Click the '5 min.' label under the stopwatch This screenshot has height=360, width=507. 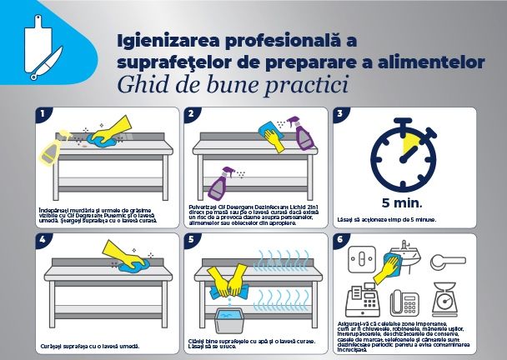point(402,202)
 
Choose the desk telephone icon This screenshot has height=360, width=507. point(406,301)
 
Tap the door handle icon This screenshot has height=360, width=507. point(456,258)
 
